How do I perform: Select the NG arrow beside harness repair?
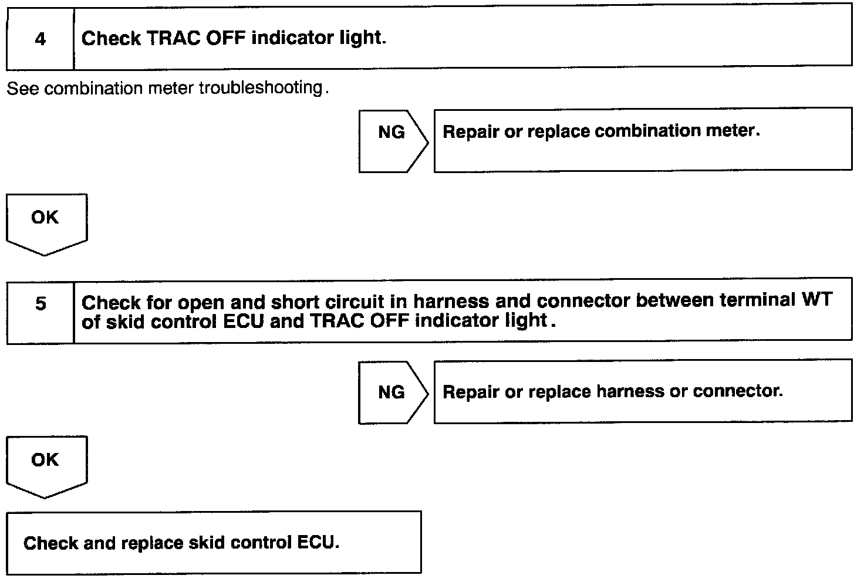[x=393, y=392]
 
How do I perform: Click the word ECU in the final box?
[x=318, y=543]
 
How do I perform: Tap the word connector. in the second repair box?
[x=738, y=391]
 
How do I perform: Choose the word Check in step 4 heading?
[x=111, y=39]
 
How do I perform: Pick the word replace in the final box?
[x=152, y=543]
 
